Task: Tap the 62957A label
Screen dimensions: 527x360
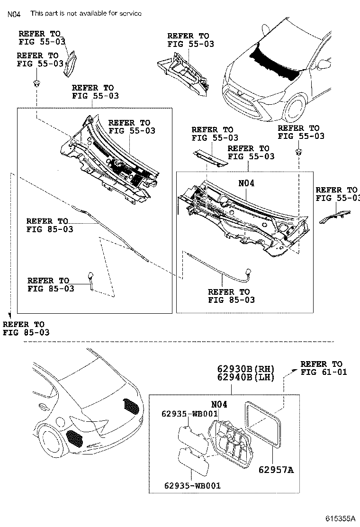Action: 276,470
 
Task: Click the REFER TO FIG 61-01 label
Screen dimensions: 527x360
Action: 324,368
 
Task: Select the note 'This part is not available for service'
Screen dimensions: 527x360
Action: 86,13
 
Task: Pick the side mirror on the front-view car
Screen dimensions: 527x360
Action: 324,64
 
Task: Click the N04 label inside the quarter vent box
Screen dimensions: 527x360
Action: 219,404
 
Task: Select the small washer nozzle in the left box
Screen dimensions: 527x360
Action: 90,278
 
